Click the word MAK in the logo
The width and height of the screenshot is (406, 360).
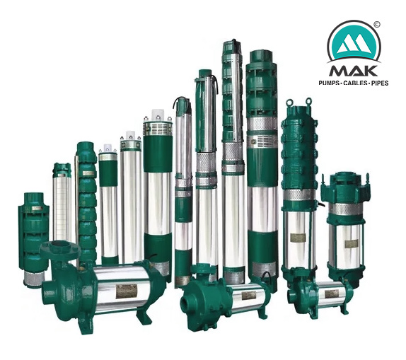(x=353, y=71)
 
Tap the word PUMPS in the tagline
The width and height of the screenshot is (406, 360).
(x=329, y=83)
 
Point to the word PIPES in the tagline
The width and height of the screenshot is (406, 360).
(x=380, y=83)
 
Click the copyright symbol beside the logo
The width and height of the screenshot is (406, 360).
(x=377, y=25)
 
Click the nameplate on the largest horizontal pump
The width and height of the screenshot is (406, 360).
(x=126, y=291)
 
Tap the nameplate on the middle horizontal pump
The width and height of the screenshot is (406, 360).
(x=248, y=295)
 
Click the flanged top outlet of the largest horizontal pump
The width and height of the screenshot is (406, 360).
(x=59, y=249)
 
